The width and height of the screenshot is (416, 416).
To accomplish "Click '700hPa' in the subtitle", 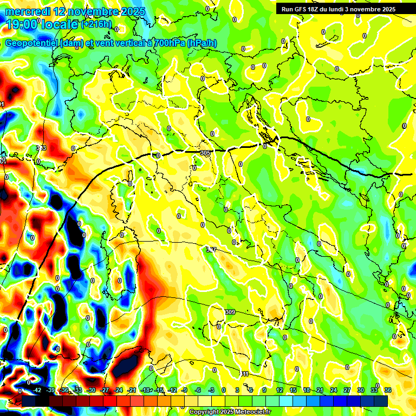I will (x=165, y=43).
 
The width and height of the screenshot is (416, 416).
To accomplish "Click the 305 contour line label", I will (x=205, y=153).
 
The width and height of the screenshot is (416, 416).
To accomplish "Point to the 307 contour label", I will (x=211, y=250).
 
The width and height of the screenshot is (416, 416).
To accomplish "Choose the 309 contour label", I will (x=230, y=312).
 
